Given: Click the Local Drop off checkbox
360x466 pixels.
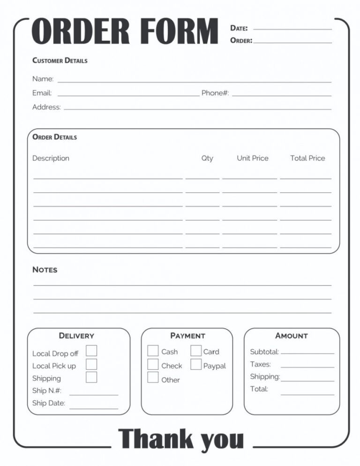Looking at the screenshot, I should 91,351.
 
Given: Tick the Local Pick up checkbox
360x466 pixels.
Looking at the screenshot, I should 91,364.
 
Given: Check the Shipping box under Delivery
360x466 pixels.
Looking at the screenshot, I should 91,377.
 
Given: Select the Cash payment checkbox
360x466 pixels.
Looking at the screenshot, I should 153,351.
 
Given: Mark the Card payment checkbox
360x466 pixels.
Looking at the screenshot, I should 196,351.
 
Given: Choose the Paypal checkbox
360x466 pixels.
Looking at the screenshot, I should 196,364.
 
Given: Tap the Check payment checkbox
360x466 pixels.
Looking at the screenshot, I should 153,364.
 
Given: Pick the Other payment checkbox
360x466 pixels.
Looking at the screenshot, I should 153,377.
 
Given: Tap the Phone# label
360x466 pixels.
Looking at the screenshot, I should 215,93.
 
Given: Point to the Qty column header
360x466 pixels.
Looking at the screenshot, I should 207,158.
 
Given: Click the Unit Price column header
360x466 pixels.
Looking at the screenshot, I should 252,158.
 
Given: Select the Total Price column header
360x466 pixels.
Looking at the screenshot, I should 307,158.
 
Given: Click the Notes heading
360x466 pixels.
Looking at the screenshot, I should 45,270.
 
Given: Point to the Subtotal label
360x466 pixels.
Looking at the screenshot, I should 264,352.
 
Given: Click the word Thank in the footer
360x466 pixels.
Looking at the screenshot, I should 156,439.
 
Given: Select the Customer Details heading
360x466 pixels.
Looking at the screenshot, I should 60,60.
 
